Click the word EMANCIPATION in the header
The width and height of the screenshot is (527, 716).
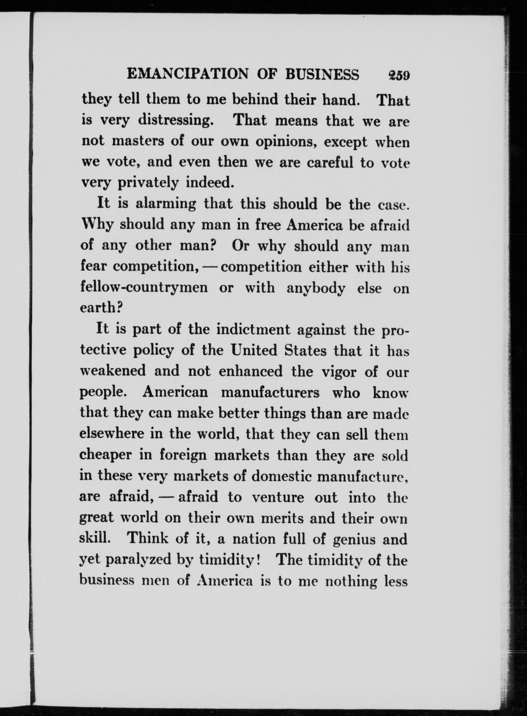click(x=187, y=75)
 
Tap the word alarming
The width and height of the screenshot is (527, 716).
click(x=166, y=204)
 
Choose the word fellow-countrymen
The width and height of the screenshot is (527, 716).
click(x=144, y=288)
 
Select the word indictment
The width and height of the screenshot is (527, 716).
click(x=253, y=330)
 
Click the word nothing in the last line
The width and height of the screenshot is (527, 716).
click(x=351, y=581)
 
